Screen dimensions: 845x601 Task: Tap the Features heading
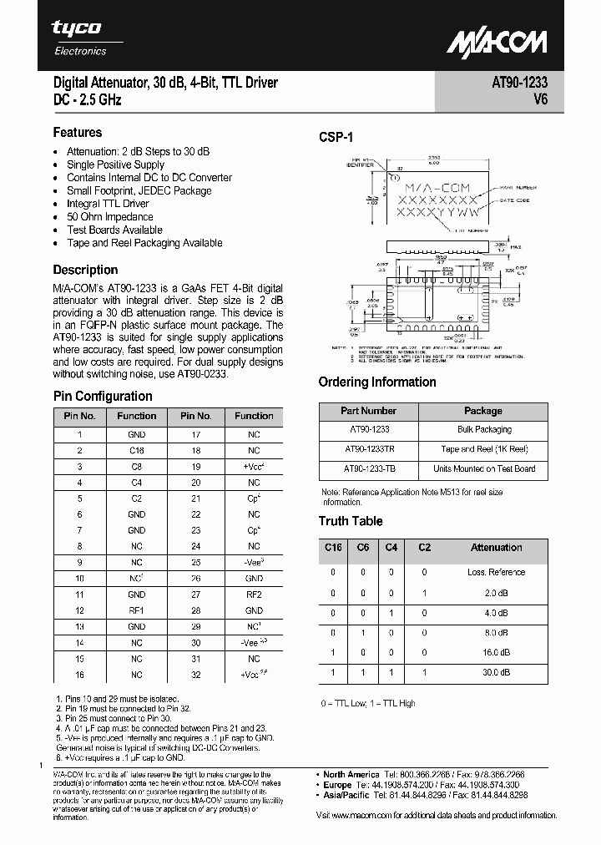coord(78,132)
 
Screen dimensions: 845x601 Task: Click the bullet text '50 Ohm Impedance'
coord(110,217)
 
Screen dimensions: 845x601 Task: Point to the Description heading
coord(85,270)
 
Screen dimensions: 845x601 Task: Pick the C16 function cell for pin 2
coord(136,451)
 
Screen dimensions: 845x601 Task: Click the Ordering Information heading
coord(377,382)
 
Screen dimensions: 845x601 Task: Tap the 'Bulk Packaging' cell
coord(484,429)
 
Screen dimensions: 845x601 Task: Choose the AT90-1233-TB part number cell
coord(368,468)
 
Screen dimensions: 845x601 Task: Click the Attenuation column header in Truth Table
coord(496,548)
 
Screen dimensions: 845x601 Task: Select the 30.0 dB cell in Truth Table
coord(496,671)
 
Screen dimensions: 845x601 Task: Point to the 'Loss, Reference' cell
coord(496,573)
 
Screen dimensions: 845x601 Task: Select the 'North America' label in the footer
coord(351,774)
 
